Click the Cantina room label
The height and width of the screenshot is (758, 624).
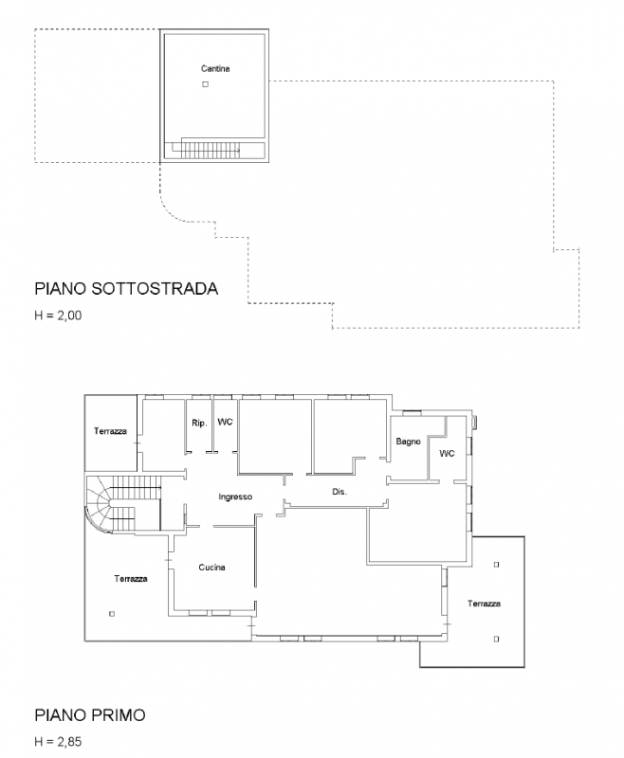point(215,68)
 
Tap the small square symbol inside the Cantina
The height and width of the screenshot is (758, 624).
point(205,86)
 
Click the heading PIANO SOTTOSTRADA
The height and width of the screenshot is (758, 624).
point(126,288)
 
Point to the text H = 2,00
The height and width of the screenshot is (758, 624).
point(58,316)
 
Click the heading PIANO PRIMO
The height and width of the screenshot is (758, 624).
point(90,715)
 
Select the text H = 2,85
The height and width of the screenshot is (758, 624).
point(58,742)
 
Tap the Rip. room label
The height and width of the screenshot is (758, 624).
point(199,423)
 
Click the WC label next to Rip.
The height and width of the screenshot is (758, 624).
point(225,422)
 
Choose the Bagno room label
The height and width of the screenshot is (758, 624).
point(409,442)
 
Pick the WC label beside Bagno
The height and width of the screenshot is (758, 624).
point(447,454)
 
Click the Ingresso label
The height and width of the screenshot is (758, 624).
point(234,496)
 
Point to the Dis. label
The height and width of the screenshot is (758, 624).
point(340,493)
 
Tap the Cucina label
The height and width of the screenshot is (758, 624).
point(211,568)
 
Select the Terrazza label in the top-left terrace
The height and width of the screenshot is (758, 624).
point(110,431)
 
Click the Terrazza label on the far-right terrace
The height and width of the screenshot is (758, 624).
point(484,603)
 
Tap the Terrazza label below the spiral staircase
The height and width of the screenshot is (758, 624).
point(131,578)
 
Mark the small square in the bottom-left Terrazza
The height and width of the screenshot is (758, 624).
point(112,614)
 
